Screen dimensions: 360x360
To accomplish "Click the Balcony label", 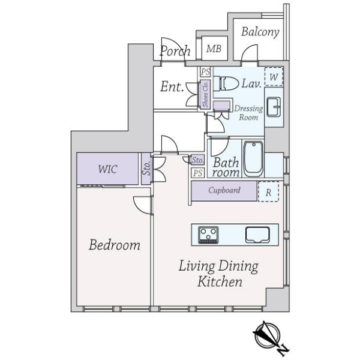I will (x=260, y=32).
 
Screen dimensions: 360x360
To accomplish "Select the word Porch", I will (x=175, y=51).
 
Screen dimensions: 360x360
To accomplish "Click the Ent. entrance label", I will (x=172, y=86).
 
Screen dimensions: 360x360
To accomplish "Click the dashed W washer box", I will (x=274, y=77).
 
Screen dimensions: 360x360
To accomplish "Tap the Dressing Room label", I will (x=248, y=113).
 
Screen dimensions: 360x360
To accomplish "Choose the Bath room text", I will (x=226, y=167).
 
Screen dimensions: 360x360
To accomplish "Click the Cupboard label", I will (x=224, y=191).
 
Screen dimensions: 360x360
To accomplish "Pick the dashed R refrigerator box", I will (x=268, y=193).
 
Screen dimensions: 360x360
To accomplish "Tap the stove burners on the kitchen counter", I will (x=209, y=233).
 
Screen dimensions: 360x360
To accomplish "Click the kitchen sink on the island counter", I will (x=259, y=233).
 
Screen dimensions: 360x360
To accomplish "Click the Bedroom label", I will (x=115, y=245).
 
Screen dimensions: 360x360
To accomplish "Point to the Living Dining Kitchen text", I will (x=218, y=274).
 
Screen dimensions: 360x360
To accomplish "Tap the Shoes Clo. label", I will (x=205, y=94).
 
